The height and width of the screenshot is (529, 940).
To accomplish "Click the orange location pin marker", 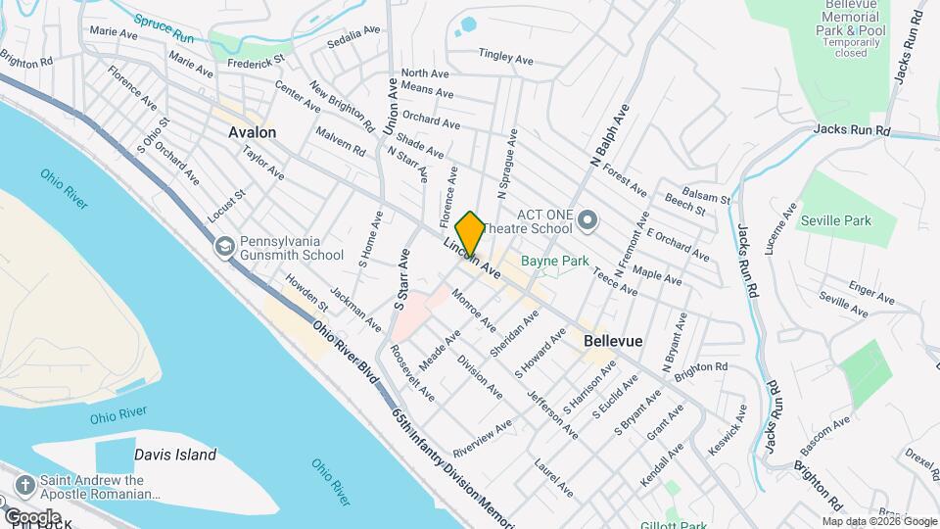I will click(470, 233).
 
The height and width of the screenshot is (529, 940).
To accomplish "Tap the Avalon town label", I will click(252, 132).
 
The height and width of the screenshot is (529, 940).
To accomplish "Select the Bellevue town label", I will click(613, 341).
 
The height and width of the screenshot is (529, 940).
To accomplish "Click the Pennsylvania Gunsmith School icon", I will click(224, 245).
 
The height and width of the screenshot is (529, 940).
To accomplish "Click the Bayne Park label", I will click(554, 262).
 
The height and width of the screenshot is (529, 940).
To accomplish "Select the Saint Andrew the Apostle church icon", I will click(24, 483).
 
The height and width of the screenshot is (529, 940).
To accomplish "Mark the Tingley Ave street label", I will click(505, 58).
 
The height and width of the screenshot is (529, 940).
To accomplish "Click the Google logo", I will click(32, 516).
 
